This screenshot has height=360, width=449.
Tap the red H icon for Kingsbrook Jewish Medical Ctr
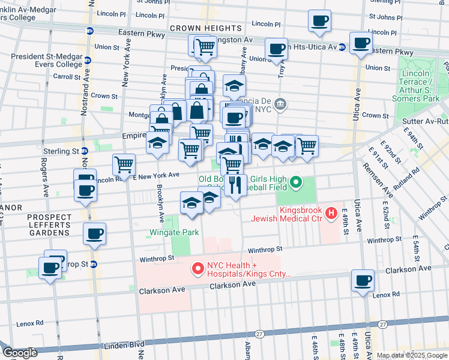(331, 213)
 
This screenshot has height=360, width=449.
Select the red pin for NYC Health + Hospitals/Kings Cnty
(197, 270)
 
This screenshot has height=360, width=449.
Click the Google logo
(20, 353)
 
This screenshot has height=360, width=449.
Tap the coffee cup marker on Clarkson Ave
(363, 280)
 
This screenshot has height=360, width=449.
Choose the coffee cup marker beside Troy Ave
(277, 49)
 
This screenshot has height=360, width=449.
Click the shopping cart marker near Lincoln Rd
(124, 163)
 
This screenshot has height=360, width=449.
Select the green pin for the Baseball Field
(295, 181)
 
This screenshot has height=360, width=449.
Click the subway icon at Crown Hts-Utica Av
(342, 46)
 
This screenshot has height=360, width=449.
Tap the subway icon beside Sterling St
(84, 151)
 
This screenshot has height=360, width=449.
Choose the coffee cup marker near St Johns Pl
(319, 20)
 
